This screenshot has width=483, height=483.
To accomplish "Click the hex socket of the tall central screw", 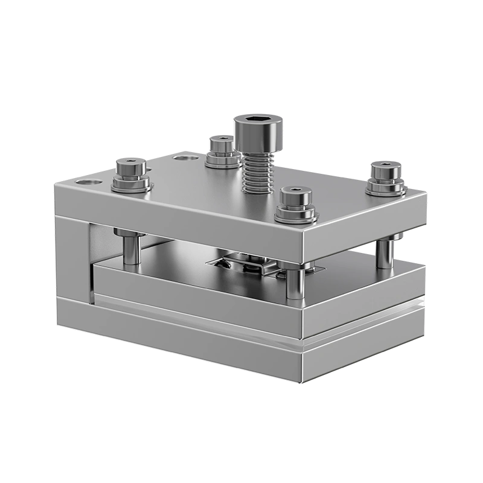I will coord(258,120).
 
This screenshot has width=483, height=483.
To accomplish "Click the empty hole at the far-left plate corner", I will coord(85,181).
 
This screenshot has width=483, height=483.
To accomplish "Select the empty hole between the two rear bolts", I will coord(184,158).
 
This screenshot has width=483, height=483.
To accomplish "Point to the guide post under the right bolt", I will coord(384,254).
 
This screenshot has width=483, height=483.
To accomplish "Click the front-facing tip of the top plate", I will coord(302,241).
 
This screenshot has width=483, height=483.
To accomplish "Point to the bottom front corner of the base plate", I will coord(302,382).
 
